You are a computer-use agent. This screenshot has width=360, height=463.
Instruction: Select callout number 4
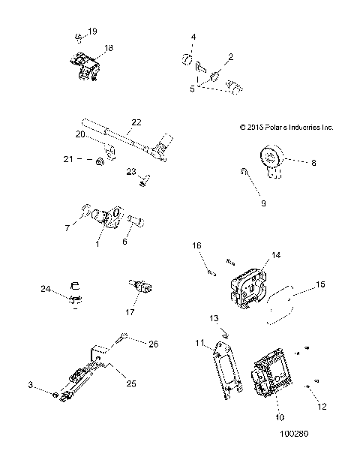(193, 37)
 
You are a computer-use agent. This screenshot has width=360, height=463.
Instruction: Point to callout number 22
(136, 122)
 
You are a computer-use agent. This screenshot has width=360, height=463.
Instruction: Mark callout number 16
(197, 245)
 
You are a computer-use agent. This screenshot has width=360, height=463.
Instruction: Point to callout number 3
(31, 384)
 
